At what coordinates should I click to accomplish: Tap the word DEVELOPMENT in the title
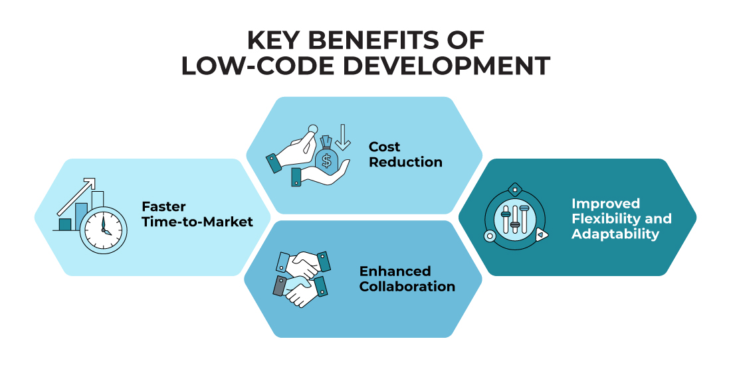pos(448,66)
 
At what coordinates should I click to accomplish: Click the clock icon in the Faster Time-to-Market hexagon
pos(103,230)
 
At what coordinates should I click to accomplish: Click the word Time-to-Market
pos(197,222)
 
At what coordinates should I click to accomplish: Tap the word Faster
pos(163,206)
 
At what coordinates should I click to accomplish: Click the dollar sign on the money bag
pos(326,161)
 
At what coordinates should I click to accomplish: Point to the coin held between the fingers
pos(313,128)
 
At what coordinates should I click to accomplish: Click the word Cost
pos(384,147)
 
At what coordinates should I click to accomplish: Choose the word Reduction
pos(405,162)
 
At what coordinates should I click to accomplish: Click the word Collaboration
pos(407,286)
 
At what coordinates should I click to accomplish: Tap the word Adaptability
pos(615,234)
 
